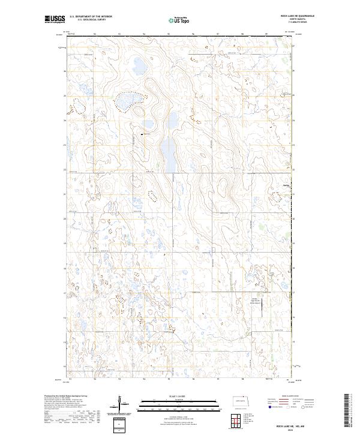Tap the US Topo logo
[x=180, y=20]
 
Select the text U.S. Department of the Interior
[x=91, y=17]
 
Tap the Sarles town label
[x=286, y=185]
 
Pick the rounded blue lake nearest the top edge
[x=137, y=64]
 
